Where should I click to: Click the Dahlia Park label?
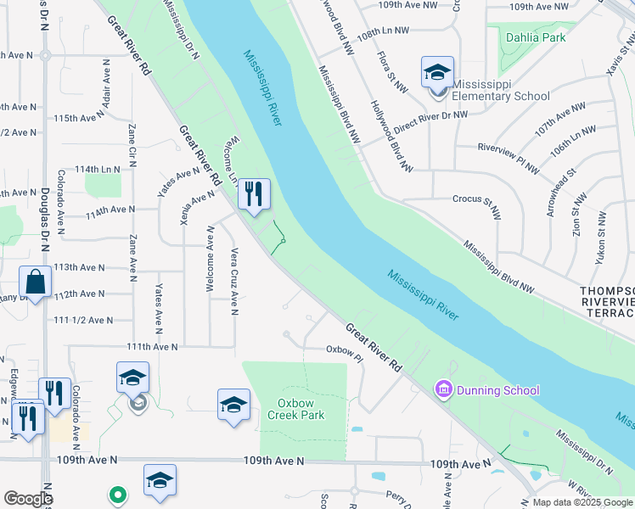535,38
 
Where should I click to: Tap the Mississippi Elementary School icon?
437,72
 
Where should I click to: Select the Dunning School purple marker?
441,390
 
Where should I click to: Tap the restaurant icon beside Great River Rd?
254,194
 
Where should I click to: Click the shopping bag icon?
35,282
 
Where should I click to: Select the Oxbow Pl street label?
345,350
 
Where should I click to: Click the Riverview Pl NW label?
509,157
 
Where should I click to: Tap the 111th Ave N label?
152,347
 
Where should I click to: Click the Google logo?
28,499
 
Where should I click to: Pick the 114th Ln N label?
97,170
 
